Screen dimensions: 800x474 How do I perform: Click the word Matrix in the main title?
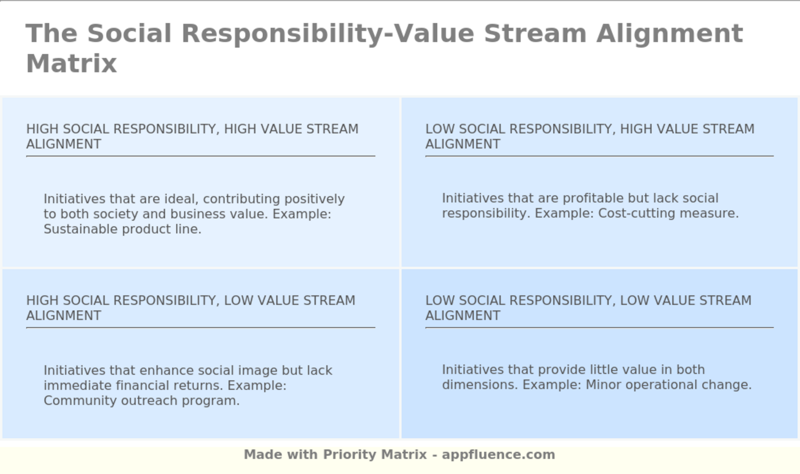point(71,63)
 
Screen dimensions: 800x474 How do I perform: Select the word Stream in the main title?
point(535,33)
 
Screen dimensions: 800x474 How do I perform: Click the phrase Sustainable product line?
point(122,229)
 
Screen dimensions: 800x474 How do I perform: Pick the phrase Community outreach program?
point(142,400)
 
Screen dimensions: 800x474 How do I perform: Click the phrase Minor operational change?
point(669,385)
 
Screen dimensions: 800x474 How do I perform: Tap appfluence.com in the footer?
point(498,455)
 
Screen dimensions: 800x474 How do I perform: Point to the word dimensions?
point(480,385)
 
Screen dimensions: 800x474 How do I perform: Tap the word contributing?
point(241,199)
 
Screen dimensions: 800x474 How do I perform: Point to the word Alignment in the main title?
point(670,34)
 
